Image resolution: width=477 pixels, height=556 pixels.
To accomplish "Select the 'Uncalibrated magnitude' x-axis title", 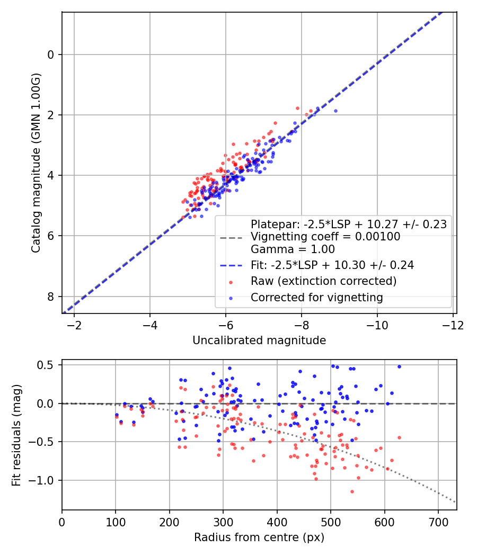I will click(259, 340).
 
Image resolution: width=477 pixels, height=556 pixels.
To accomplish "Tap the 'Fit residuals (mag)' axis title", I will click(16, 434).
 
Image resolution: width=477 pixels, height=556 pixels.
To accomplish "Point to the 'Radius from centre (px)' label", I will click(259, 537).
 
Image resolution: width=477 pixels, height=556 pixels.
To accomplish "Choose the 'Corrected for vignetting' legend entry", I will click(316, 298).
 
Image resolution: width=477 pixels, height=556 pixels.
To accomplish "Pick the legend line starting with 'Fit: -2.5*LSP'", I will click(332, 265).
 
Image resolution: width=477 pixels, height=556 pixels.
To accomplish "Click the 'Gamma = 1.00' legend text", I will click(293, 249).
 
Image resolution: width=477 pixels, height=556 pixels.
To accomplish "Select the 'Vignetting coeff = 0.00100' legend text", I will click(325, 237).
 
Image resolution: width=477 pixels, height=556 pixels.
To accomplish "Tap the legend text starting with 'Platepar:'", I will click(348, 224).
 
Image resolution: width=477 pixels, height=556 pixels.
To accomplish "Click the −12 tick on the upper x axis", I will click(453, 324).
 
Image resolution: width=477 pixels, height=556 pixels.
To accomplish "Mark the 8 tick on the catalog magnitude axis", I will click(51, 297).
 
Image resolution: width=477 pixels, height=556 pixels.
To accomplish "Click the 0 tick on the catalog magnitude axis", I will click(51, 55).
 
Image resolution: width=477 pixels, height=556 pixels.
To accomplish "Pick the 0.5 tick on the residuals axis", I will click(47, 365).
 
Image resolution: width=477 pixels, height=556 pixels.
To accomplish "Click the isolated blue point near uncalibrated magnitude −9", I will click(335, 111).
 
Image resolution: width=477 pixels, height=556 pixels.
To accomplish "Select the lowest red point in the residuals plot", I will click(351, 491).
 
